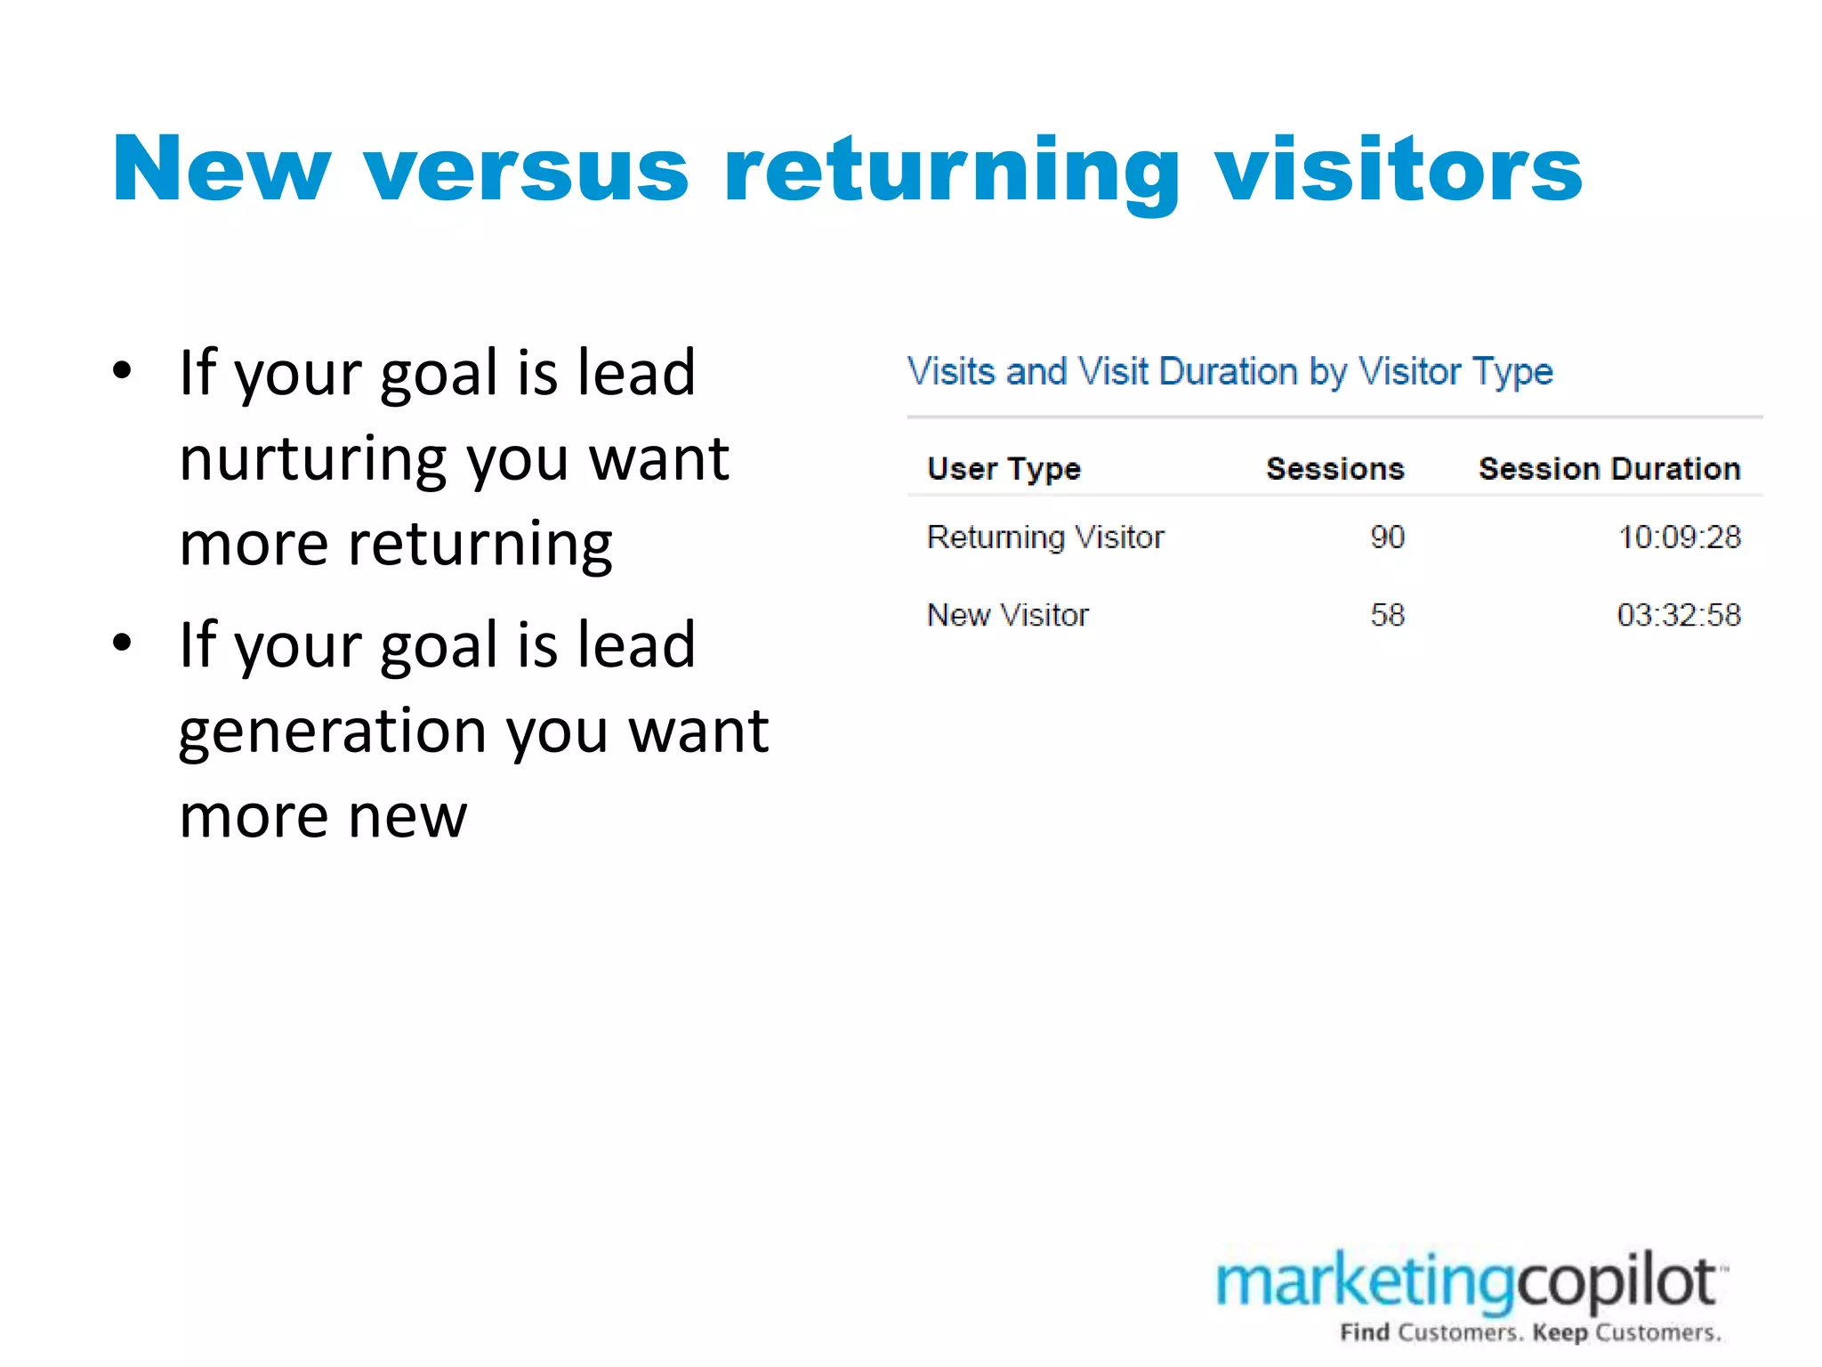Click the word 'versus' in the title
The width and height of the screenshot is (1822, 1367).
[527, 171]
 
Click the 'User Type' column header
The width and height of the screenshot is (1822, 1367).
[1004, 469]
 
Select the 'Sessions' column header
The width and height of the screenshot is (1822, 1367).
[1334, 469]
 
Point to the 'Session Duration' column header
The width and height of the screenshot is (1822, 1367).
[1608, 469]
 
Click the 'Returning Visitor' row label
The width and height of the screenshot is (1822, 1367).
[1045, 538]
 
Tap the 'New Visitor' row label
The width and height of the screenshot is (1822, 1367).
[1007, 615]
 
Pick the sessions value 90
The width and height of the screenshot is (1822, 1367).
[1387, 538]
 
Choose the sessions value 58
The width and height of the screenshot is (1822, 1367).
[1387, 615]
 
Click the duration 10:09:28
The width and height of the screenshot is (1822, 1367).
[1679, 538]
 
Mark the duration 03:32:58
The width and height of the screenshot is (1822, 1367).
[1679, 615]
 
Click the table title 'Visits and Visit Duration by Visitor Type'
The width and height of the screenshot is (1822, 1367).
[1229, 372]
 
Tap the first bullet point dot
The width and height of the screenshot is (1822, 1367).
[123, 370]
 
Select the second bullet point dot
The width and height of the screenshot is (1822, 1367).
[123, 643]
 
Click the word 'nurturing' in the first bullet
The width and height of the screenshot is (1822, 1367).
[316, 459]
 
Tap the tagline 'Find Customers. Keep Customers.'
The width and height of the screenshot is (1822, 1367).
[1530, 1333]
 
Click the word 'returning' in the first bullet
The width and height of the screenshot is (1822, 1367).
[480, 545]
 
